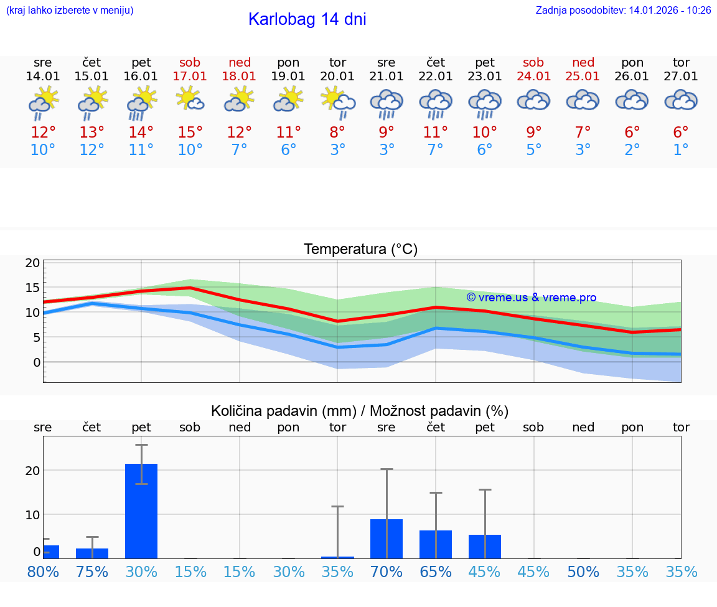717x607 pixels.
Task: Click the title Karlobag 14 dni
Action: click(x=307, y=19)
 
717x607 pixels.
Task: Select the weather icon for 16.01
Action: click(x=141, y=103)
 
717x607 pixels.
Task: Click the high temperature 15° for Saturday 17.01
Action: click(x=190, y=133)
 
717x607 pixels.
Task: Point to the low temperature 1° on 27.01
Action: click(x=681, y=150)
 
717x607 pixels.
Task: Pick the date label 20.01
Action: click(x=337, y=77)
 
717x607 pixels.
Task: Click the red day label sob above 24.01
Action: click(x=533, y=62)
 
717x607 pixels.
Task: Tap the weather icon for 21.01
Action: click(x=387, y=103)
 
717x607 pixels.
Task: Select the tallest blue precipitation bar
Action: click(x=141, y=511)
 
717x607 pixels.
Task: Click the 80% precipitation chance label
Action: click(x=43, y=572)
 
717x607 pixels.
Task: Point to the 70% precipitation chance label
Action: click(x=387, y=572)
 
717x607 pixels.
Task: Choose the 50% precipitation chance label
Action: click(x=583, y=572)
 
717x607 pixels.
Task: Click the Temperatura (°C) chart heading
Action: click(x=360, y=250)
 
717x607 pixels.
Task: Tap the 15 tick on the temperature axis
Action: click(x=32, y=288)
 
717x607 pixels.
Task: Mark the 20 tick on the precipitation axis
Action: click(x=32, y=471)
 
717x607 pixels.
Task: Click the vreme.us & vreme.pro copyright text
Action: click(x=532, y=298)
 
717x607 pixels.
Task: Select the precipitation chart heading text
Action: click(x=360, y=411)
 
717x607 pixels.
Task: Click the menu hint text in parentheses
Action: click(x=70, y=11)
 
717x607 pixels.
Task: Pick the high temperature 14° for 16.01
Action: click(x=141, y=133)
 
